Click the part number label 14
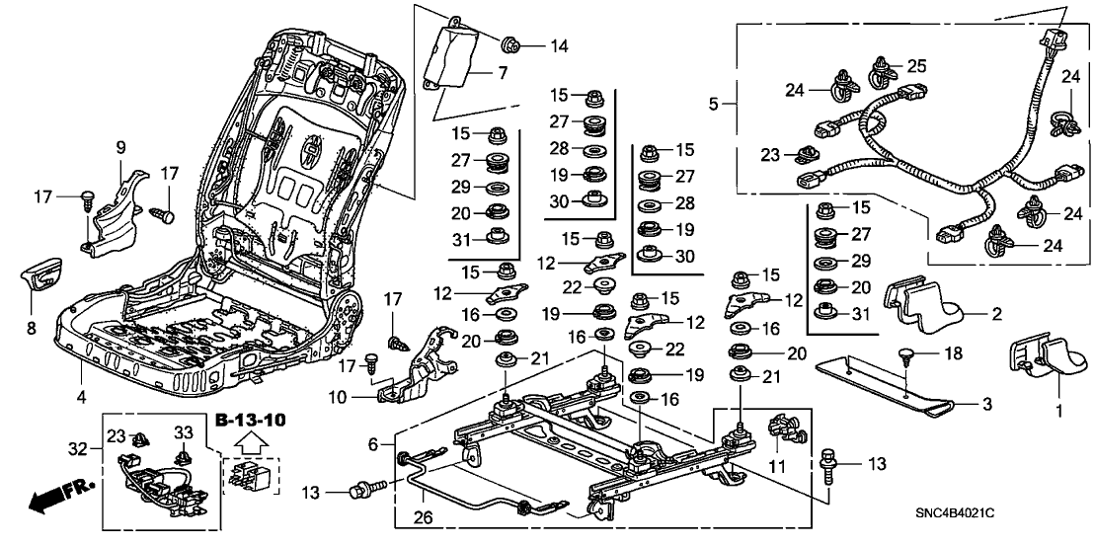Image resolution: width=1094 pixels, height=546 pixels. tap(560, 45)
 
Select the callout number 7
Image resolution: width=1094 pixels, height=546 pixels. tap(502, 72)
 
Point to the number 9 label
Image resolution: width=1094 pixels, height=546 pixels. tap(120, 147)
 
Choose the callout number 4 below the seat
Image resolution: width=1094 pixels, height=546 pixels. tap(83, 397)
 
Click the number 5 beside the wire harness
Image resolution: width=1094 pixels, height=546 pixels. tap(714, 101)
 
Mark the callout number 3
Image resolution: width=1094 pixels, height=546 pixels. tap(986, 405)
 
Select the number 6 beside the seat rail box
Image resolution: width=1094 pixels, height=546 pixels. tap(373, 445)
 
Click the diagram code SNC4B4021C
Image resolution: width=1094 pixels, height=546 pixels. tap(1010, 514)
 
